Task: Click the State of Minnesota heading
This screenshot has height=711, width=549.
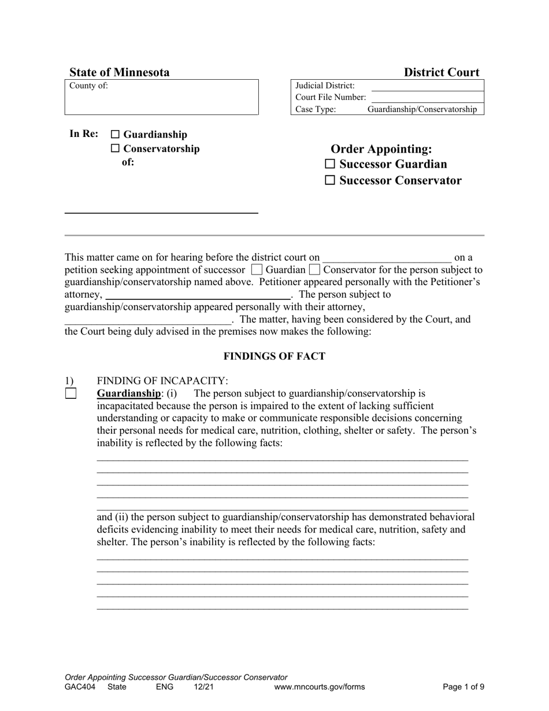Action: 120,72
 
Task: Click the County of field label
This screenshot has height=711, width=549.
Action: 88,86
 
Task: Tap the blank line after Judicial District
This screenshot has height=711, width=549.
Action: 426,86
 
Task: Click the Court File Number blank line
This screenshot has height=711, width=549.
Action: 426,97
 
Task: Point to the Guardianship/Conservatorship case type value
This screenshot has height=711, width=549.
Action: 422,109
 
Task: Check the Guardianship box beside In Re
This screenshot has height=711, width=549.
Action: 114,135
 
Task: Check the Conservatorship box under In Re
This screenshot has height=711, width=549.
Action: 114,149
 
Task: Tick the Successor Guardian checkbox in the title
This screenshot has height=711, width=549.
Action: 330,164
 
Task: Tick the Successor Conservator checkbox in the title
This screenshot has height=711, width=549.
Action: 330,180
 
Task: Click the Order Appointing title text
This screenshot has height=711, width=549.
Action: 381,149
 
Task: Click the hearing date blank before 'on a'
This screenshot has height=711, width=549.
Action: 387,257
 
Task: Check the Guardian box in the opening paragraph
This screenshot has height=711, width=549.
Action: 257,269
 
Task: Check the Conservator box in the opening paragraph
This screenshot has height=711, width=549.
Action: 314,269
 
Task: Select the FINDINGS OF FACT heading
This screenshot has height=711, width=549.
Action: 274,356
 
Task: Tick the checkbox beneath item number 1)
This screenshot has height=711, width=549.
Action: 71,394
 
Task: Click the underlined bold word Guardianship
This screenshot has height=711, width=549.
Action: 128,394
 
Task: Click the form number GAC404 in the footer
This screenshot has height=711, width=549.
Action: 78,687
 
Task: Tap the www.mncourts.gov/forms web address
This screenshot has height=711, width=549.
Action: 319,687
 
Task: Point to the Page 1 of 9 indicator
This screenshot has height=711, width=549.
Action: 463,687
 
